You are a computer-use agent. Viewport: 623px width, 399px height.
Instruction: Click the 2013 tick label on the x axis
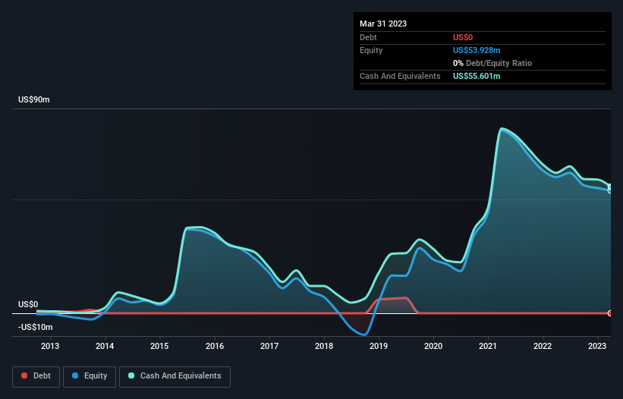(50, 346)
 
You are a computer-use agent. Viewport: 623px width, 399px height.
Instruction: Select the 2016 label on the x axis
(215, 346)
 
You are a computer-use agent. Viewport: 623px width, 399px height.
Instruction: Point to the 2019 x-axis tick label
(379, 346)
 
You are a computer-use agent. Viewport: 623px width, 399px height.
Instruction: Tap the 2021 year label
(488, 346)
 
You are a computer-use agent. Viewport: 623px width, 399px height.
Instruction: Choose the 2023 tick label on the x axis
(598, 346)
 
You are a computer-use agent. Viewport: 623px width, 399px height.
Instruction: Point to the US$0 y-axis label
(27, 304)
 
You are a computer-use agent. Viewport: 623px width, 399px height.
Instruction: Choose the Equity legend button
(90, 375)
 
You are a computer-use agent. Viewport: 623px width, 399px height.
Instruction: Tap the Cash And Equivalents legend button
(175, 375)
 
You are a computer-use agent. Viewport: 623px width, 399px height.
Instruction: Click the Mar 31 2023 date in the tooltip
(383, 24)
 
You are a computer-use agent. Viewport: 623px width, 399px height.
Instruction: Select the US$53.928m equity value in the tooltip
(477, 50)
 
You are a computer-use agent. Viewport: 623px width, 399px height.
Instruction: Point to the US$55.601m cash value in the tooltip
(477, 76)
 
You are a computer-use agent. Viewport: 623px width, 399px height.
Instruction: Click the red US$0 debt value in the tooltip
(464, 37)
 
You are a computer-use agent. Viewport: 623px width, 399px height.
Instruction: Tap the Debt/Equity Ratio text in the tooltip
(496, 63)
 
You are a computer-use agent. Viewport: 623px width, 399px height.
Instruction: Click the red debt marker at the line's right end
(610, 313)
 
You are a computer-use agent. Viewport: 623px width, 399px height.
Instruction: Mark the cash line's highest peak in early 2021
(502, 129)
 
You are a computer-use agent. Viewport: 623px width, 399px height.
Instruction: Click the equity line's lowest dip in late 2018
(364, 335)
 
